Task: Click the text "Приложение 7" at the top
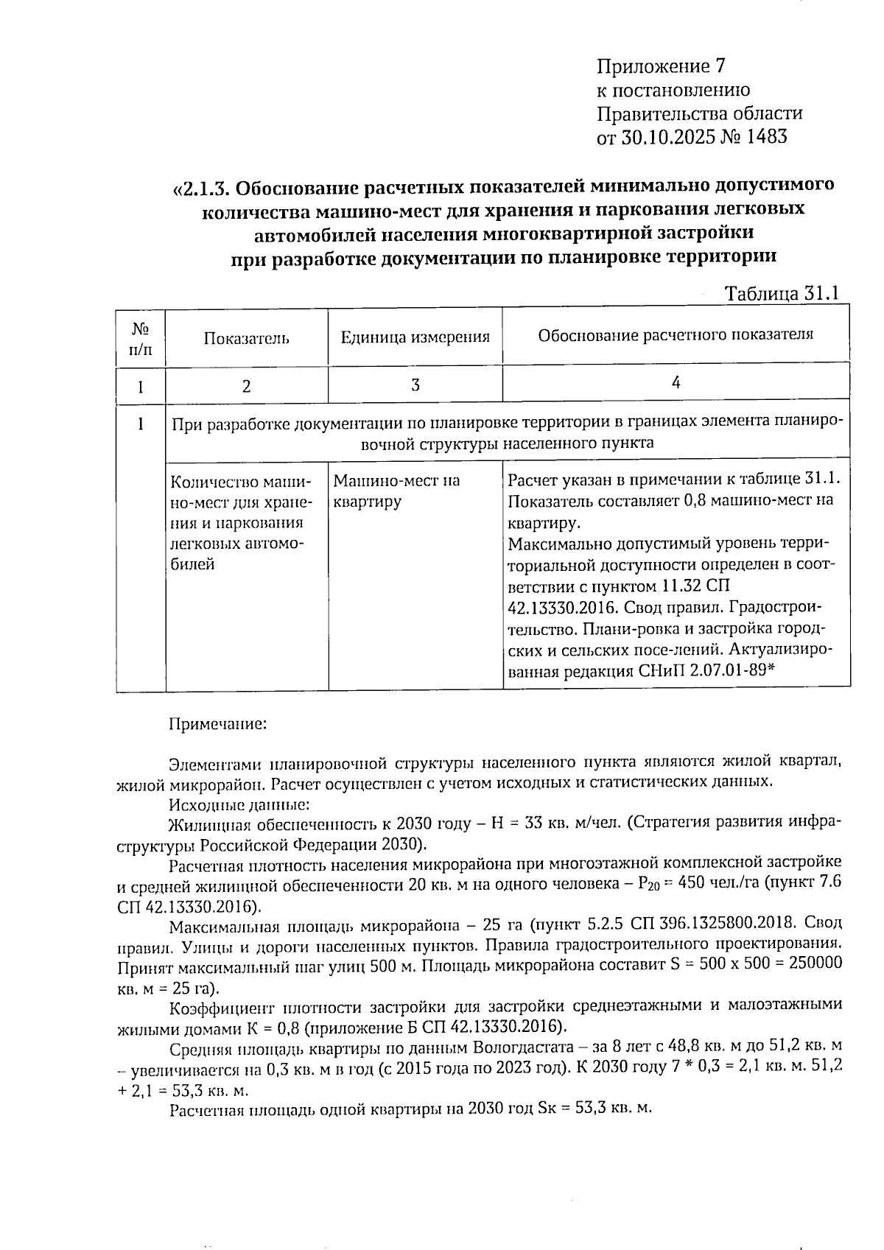(x=661, y=67)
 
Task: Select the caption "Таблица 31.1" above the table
(x=782, y=294)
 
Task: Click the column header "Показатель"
(x=246, y=338)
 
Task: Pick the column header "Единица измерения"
(x=415, y=337)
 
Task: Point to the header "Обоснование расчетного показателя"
(x=675, y=335)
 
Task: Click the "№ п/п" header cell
(x=140, y=338)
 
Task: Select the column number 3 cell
(x=415, y=385)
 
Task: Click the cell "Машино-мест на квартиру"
(x=396, y=491)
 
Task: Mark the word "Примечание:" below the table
(x=217, y=724)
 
